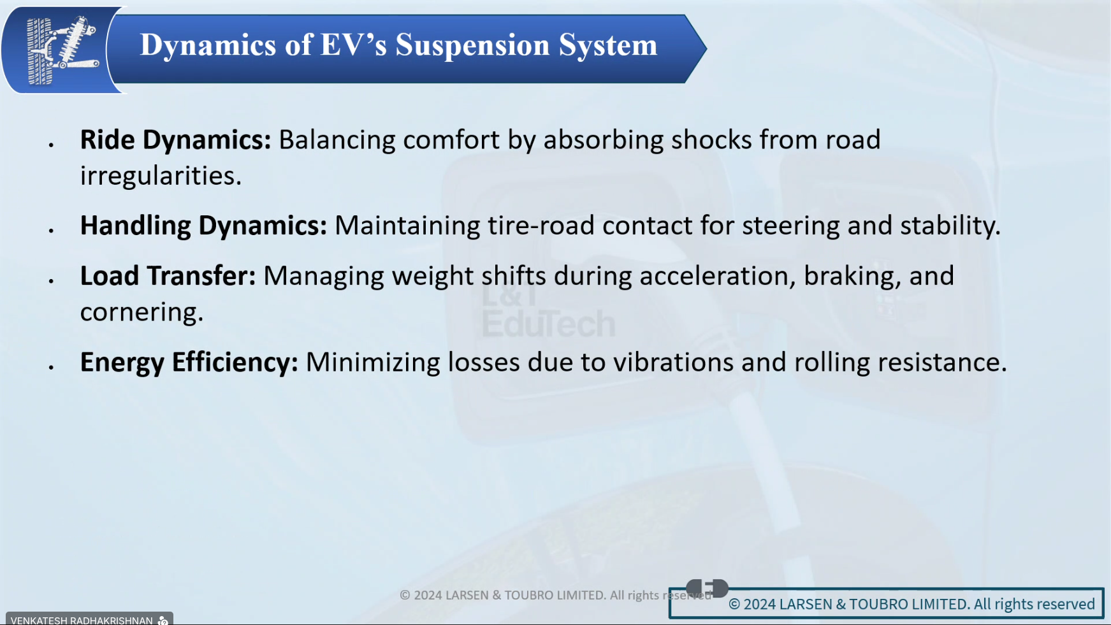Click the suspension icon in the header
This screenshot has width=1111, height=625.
[62, 50]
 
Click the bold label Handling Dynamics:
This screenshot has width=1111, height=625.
[203, 226]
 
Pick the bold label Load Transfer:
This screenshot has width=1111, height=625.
[168, 276]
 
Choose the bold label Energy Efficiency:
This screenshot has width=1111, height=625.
[189, 363]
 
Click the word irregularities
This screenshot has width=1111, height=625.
[161, 176]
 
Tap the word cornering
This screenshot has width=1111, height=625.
[142, 312]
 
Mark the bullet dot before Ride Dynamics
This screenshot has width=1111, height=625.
[51, 146]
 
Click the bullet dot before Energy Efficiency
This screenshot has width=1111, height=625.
[51, 368]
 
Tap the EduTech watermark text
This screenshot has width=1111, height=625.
[548, 324]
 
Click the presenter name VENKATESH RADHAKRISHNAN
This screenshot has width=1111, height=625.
[82, 620]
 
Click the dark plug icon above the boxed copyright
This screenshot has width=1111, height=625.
[707, 588]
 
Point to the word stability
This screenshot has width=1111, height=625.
[950, 226]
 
